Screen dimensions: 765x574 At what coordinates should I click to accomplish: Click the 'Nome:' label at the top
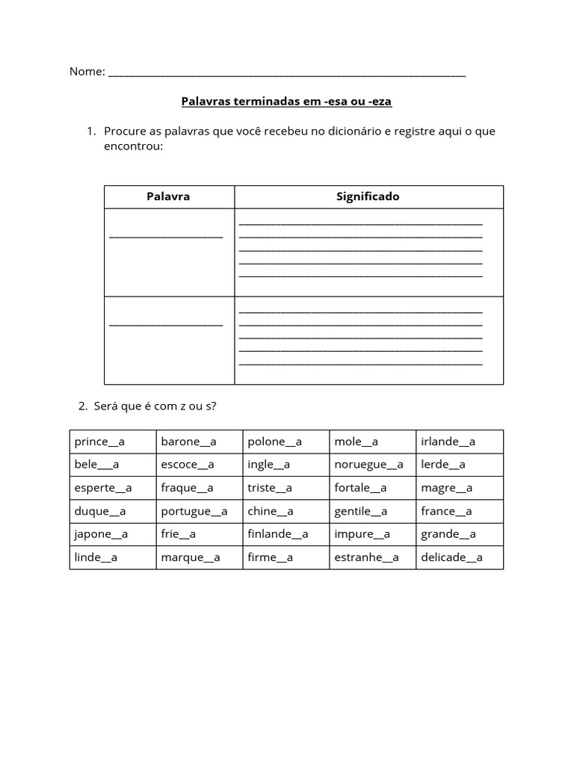pyautogui.click(x=87, y=72)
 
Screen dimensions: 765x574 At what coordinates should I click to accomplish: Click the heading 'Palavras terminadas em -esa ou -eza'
pyautogui.click(x=286, y=100)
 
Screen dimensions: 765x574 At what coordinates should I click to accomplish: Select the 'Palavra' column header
pyautogui.click(x=168, y=196)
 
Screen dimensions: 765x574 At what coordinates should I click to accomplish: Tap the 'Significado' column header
pyautogui.click(x=368, y=196)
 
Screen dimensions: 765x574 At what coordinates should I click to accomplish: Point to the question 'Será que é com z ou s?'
pyautogui.click(x=155, y=406)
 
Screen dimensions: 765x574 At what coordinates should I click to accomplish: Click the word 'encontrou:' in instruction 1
pyautogui.click(x=133, y=146)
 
